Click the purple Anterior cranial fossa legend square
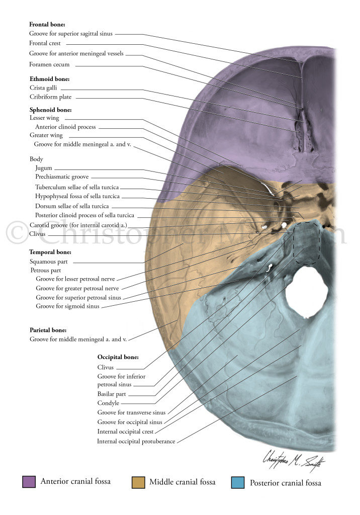(x=29, y=482)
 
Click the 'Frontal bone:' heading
(x=47, y=24)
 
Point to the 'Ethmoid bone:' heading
(x=49, y=79)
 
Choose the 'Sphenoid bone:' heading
(x=51, y=109)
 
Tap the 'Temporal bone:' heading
(x=50, y=252)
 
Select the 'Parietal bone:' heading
(x=48, y=330)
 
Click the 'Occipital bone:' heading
(x=118, y=357)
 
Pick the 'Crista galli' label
(x=43, y=88)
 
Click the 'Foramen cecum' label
(x=49, y=64)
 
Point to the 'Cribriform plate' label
(x=50, y=97)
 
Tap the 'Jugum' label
(x=44, y=168)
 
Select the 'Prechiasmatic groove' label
(x=62, y=177)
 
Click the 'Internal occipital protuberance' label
(x=136, y=442)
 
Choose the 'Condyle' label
(x=109, y=403)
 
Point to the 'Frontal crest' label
(x=45, y=43)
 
